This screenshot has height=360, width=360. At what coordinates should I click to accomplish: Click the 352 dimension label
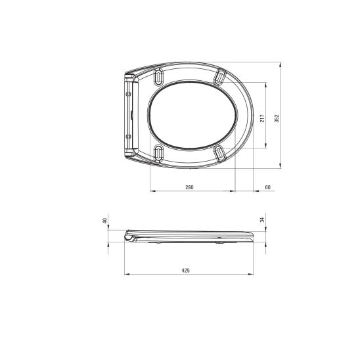277,118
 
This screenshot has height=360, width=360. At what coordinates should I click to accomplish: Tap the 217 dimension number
262,118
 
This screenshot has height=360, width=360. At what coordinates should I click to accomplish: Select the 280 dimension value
189,187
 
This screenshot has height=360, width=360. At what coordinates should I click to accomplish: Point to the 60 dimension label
268,187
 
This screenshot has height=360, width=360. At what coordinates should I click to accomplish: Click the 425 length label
186,271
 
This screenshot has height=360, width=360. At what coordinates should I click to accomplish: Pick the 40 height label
104,221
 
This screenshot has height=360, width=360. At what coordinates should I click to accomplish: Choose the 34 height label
262,219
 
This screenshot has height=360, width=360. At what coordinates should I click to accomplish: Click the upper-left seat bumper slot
158,76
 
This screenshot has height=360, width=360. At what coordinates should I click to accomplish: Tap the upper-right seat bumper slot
219,77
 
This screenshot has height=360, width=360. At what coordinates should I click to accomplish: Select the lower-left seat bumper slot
158,153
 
